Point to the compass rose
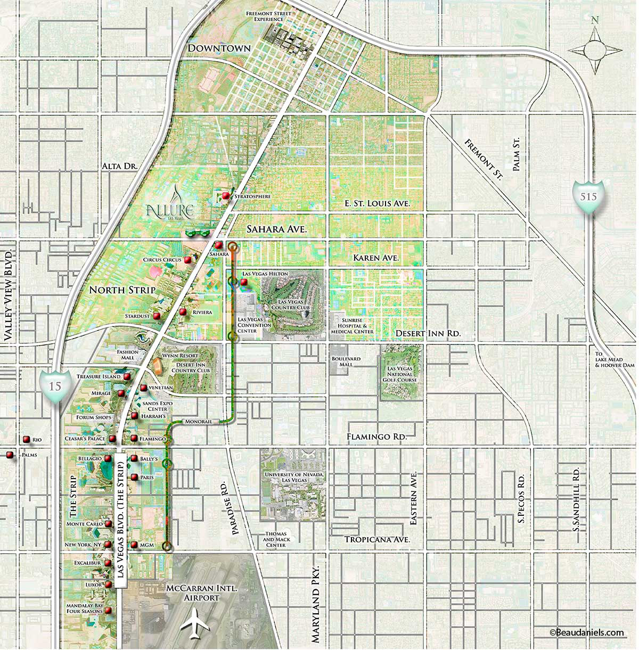[595, 50]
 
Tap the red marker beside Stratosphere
[226, 196]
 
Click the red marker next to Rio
[26, 440]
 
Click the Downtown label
[219, 48]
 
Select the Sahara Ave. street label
[277, 229]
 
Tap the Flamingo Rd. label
[376, 436]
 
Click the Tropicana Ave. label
[377, 539]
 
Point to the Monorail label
[195, 422]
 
